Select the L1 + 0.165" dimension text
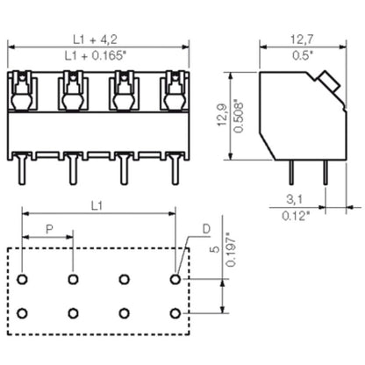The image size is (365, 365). (97, 55)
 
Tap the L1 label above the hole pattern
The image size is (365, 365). (97, 206)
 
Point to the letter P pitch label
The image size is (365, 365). (48, 230)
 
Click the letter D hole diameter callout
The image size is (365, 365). (205, 230)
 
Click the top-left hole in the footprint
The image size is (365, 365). (22, 279)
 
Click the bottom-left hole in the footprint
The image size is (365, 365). (22, 313)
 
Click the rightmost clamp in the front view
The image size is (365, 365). (172, 89)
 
